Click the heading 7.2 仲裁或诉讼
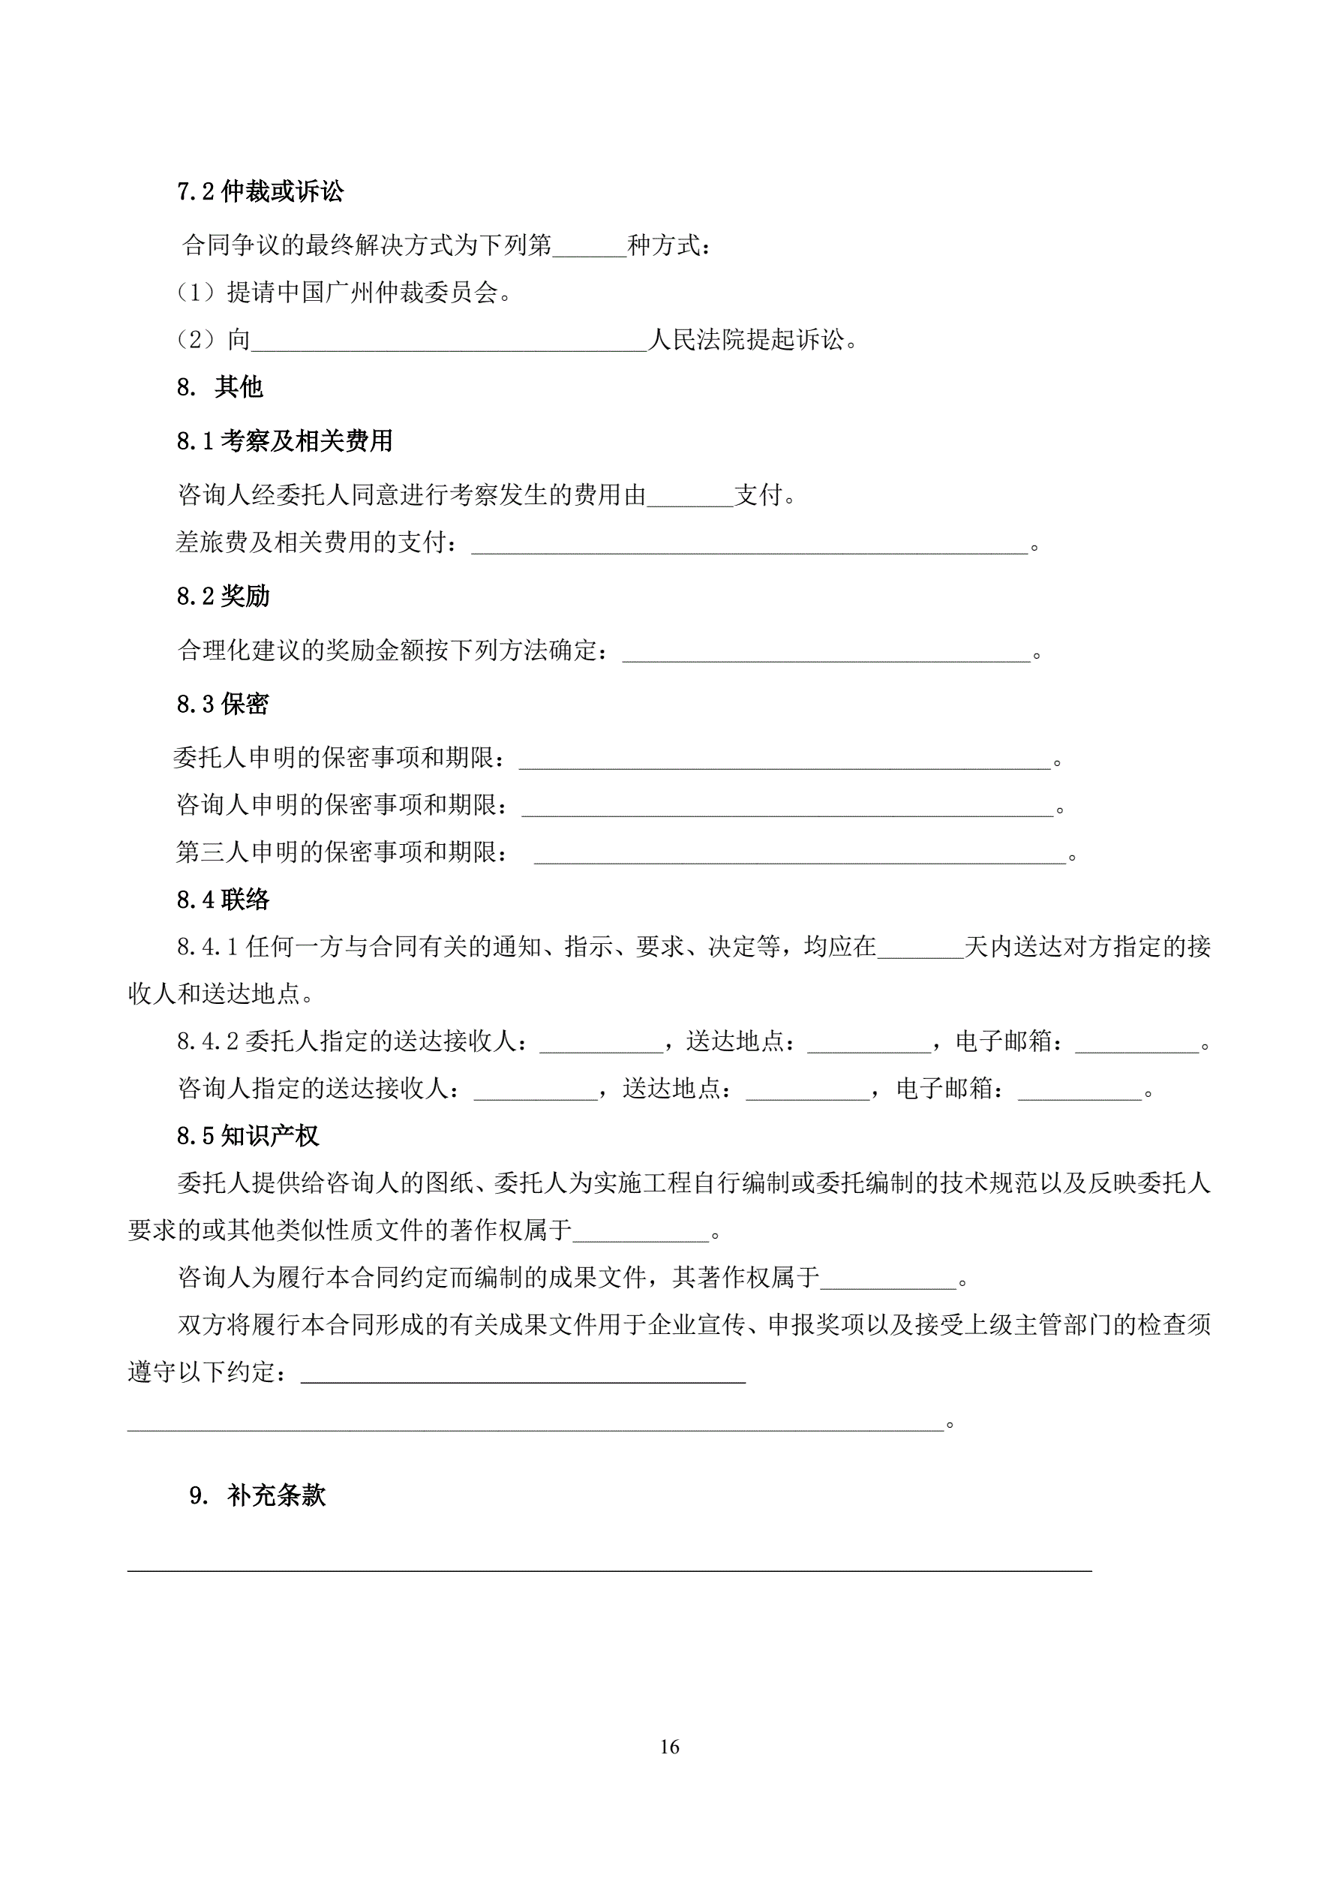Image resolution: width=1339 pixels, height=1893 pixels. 260,192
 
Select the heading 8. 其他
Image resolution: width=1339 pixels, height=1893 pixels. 219,386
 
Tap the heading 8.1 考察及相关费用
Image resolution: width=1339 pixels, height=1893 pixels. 284,441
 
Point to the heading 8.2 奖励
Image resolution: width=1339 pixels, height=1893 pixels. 223,595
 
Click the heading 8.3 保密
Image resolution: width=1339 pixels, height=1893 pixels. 223,703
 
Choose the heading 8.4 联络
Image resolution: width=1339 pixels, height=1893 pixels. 223,899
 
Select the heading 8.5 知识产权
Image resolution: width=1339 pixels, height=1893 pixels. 248,1135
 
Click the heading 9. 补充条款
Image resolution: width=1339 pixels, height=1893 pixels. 257,1495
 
